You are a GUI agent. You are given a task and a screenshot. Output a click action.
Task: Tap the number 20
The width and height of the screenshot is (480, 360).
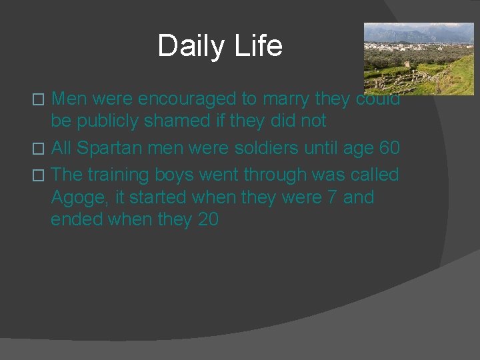tap(208, 219)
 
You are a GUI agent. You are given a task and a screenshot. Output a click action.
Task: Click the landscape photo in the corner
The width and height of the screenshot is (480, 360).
tap(418, 58)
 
